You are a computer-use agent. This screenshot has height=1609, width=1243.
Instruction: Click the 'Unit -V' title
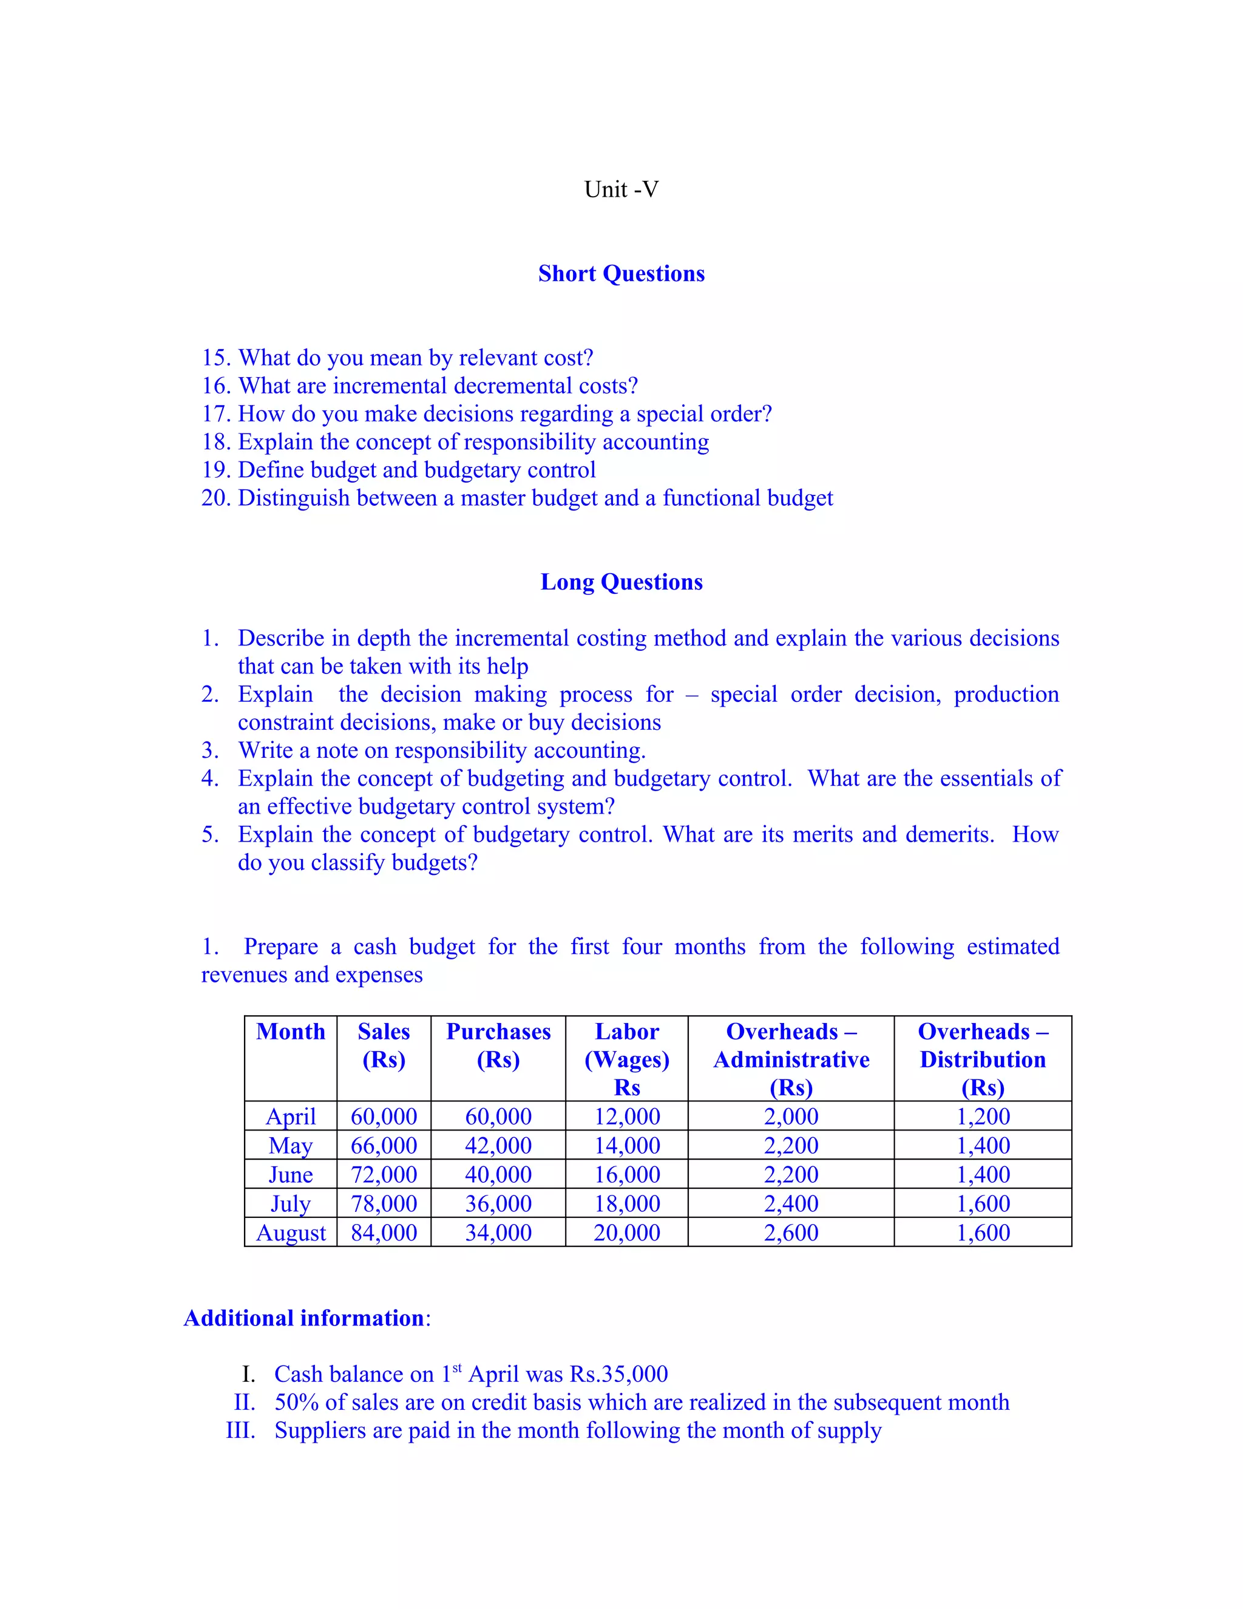[621, 189]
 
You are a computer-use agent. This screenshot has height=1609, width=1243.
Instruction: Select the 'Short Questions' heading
[621, 273]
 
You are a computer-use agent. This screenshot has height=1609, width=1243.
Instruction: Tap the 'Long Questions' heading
[621, 582]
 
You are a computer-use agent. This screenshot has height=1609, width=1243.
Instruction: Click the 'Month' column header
[290, 1032]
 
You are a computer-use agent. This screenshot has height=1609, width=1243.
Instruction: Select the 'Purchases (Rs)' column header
[498, 1046]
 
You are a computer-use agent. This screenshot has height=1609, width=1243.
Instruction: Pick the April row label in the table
[290, 1117]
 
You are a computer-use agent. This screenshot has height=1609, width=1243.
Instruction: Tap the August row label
[290, 1233]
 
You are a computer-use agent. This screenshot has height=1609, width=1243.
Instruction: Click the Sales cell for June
[384, 1175]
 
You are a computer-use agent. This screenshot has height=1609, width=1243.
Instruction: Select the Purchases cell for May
[498, 1146]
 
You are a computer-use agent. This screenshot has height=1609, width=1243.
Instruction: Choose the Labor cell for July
[626, 1204]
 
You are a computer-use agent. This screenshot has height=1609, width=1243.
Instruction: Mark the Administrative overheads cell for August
[791, 1233]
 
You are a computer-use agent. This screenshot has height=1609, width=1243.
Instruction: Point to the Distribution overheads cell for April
[983, 1117]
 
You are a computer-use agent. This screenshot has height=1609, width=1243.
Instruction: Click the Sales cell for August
[384, 1233]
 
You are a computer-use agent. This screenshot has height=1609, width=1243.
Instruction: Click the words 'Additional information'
[304, 1318]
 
